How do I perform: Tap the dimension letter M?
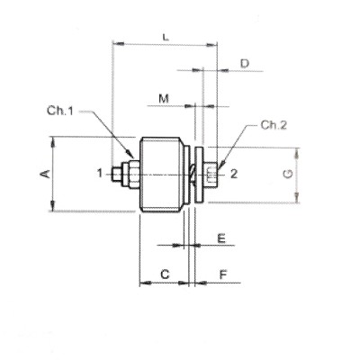pyautogui.click(x=163, y=96)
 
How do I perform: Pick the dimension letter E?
pyautogui.click(x=220, y=239)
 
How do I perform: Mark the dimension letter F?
pyautogui.click(x=221, y=273)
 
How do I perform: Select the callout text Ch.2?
pyautogui.click(x=272, y=125)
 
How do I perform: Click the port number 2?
pyautogui.click(x=232, y=173)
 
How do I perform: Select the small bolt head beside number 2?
pyautogui.click(x=211, y=173)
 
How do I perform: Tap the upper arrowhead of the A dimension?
pyautogui.click(x=55, y=140)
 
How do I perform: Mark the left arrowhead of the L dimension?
pyautogui.click(x=117, y=42)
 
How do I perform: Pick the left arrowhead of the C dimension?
pyautogui.click(x=141, y=283)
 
